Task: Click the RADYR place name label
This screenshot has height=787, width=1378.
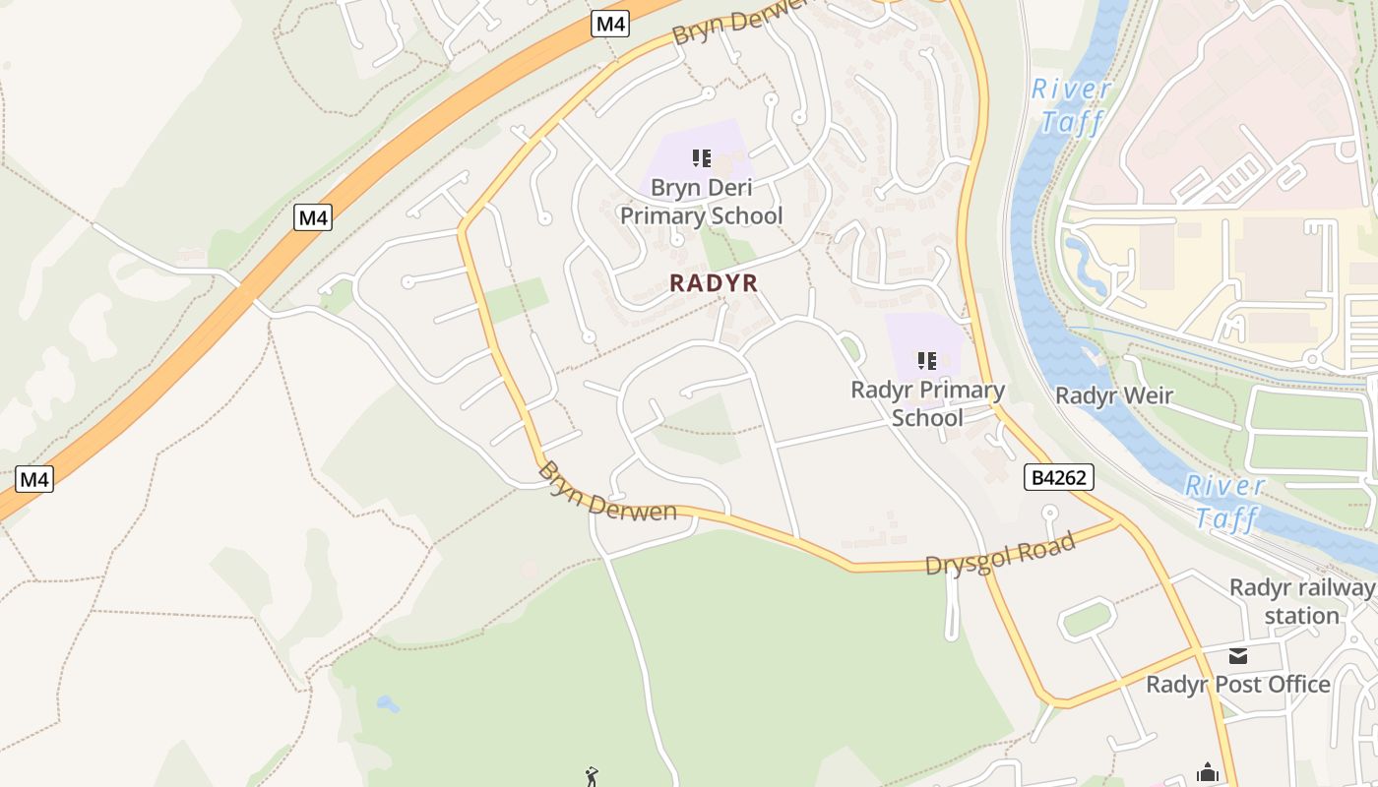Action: (714, 283)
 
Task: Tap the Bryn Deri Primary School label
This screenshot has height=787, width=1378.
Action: (701, 202)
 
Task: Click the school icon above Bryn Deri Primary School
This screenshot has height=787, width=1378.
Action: (701, 158)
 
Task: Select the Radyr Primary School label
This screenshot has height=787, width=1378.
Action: (927, 403)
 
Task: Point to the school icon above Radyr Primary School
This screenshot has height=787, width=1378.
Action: (926, 361)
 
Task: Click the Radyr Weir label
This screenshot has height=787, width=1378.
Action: (1113, 395)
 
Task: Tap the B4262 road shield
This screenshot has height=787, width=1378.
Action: (1059, 478)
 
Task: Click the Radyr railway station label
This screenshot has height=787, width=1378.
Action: (1301, 601)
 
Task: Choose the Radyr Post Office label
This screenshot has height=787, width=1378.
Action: (1237, 685)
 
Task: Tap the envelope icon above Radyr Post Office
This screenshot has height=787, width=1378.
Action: (1237, 656)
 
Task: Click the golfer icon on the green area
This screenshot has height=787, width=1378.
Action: (591, 777)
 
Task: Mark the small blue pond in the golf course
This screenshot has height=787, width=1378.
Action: (388, 704)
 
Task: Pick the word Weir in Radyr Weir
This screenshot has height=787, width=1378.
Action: (1147, 395)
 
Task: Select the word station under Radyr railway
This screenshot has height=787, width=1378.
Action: (1301, 616)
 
